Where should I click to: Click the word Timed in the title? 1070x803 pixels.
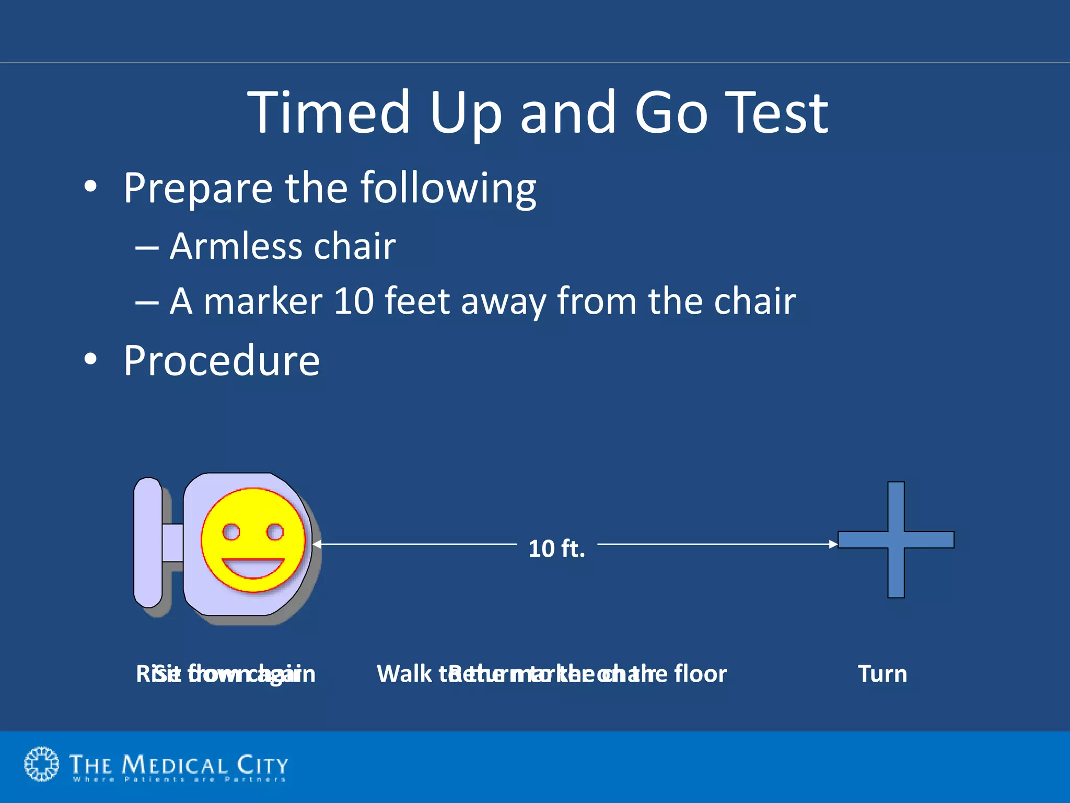coord(329,112)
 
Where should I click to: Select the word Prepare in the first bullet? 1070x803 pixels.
coord(197,188)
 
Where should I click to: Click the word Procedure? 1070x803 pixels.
coord(222,361)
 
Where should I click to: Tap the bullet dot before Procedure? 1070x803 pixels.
coord(90,360)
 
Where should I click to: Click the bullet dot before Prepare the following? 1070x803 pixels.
coord(90,187)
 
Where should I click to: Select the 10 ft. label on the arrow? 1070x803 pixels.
coord(556,549)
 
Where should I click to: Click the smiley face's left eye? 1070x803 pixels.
coord(231,532)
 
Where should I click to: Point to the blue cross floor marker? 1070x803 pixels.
coord(895,540)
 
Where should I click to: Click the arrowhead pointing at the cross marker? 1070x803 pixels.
coord(833,544)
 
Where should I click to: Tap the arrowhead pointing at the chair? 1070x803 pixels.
coord(317,544)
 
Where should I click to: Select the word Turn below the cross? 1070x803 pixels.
coord(882,674)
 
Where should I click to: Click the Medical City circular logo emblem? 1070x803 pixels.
coord(42,764)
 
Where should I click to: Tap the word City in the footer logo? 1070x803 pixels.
coord(262,765)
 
